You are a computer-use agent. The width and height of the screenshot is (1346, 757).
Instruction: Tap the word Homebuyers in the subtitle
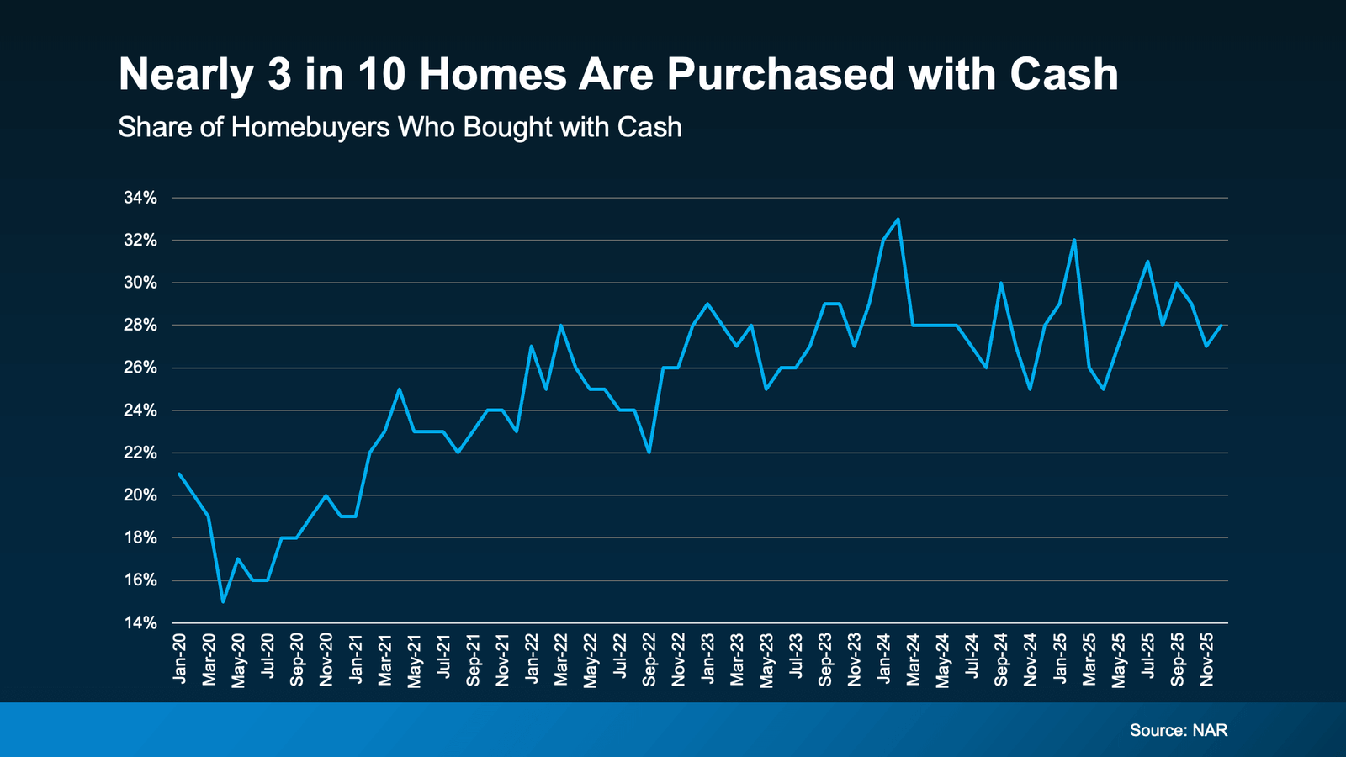310,127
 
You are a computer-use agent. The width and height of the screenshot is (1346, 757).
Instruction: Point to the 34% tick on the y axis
140,198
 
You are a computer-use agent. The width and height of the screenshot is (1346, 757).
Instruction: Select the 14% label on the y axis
140,623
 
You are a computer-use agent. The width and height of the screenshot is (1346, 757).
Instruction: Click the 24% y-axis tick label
140,410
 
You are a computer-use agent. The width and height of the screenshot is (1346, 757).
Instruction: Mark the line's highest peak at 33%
898,220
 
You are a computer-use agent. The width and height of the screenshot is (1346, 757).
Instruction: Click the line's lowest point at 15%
223,601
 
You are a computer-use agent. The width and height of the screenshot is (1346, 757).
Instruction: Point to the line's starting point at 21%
179,474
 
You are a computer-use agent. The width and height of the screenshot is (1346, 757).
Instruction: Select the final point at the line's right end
1221,326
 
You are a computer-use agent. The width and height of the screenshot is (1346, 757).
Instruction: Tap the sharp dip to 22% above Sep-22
649,453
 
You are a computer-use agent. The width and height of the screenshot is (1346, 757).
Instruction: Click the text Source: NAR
1178,730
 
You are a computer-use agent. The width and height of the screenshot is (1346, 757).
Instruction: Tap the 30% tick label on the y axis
140,283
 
